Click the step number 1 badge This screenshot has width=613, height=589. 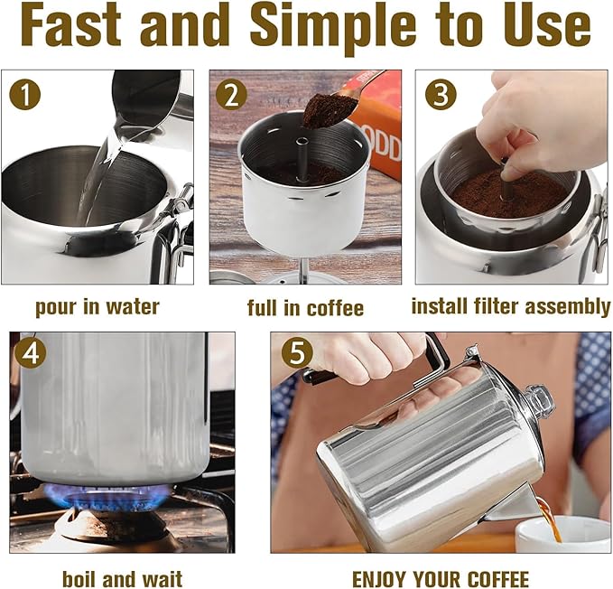click(x=25, y=94)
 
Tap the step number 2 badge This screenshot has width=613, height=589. click(x=231, y=94)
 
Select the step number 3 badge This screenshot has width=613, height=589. click(x=441, y=94)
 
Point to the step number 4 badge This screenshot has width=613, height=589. click(x=31, y=353)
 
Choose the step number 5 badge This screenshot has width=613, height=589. click(x=298, y=353)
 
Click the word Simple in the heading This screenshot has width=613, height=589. click(x=333, y=25)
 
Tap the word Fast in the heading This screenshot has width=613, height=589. click(x=70, y=24)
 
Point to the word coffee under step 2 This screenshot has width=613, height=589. click(x=335, y=307)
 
